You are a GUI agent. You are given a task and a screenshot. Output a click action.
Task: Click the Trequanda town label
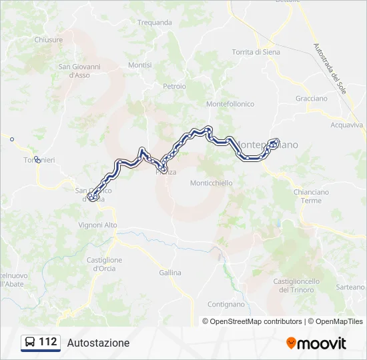click(x=154, y=22)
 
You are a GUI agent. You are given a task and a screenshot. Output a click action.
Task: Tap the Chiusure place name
click(x=48, y=39)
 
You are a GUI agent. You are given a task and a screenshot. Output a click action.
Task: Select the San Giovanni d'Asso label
click(x=79, y=71)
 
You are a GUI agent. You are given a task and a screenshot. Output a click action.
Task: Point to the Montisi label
click(x=140, y=65)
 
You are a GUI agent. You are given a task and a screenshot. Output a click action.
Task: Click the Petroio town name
click(x=174, y=87)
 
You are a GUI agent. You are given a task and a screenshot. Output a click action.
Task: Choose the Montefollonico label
click(x=230, y=104)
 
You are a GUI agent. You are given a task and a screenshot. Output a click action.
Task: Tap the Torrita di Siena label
click(x=256, y=52)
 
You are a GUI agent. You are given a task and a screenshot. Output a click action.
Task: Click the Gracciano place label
click(x=311, y=99)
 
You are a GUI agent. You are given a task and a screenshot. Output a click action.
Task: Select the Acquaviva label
click(x=347, y=125)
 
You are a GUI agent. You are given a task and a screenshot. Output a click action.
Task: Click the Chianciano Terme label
click(x=311, y=196)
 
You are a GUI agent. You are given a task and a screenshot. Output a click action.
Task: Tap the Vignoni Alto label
click(x=97, y=225)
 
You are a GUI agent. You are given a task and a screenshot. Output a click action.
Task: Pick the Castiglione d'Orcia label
click(x=104, y=264)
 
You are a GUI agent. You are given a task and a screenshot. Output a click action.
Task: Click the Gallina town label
click(x=170, y=273)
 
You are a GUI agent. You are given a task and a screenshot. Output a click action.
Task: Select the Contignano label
click(x=226, y=304)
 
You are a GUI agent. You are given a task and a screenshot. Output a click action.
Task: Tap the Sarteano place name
click(x=350, y=287)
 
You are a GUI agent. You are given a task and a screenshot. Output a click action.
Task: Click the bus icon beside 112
click(x=30, y=343)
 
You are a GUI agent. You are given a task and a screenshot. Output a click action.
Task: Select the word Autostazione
click(x=98, y=343)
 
